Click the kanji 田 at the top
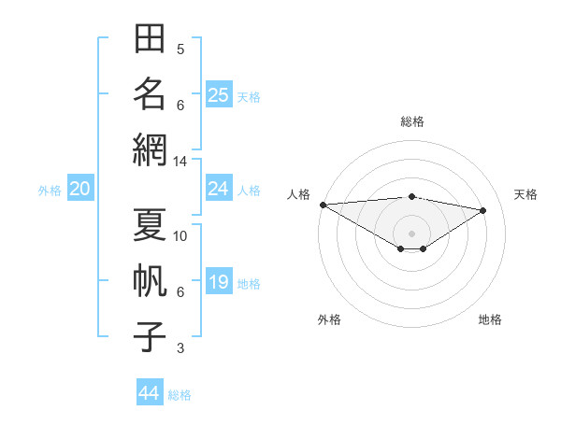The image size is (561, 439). pos(150,38)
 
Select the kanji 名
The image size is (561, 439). pos(150,93)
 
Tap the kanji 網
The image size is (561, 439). pos(150,149)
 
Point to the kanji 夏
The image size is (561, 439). pos(150,224)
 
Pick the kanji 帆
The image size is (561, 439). pos(150,280)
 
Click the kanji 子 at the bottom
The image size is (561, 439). pos(150,336)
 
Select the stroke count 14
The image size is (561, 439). pos(180,162)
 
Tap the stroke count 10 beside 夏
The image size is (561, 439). pos(180,236)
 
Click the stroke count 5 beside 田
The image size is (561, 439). pos(180,50)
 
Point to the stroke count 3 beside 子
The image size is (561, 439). pos(180,348)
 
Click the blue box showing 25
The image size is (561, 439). pos(219,94)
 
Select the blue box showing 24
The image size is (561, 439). pos(219,188)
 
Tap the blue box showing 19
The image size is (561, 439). pos(219,280)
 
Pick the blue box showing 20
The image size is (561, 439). pos(80,188)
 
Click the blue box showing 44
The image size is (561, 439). pos(150,391)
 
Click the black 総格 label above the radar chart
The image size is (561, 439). pos(412,121)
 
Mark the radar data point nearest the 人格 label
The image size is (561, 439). pos(324,205)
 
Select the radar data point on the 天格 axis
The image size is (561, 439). pos(483,210)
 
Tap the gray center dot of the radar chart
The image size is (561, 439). pos(411,234)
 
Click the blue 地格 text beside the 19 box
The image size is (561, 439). pos(249,284)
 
